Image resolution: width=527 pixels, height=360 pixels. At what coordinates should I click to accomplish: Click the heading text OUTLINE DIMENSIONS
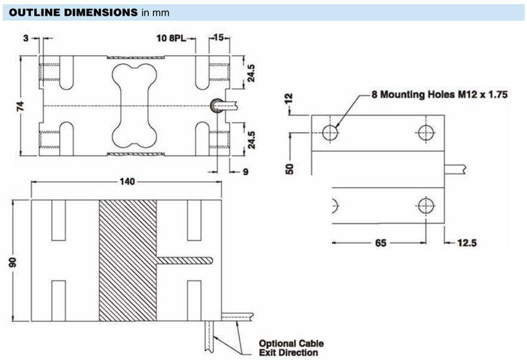(x=73, y=13)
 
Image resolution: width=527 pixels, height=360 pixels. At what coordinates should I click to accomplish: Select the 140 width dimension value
(x=127, y=182)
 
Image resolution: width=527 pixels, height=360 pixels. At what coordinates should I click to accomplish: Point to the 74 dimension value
(x=20, y=106)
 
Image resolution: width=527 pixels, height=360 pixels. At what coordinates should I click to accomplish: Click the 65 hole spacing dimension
(x=380, y=243)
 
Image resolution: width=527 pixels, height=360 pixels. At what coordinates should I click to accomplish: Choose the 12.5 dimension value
(x=467, y=243)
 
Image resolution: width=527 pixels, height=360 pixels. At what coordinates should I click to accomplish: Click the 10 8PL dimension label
(x=171, y=38)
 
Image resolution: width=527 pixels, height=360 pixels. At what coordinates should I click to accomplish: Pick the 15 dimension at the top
(x=219, y=37)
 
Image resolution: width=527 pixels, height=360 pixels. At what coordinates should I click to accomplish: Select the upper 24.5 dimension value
(x=251, y=73)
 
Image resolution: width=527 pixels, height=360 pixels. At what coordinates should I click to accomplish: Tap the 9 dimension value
(x=246, y=172)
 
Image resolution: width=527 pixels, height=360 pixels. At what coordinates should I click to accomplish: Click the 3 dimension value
(x=26, y=38)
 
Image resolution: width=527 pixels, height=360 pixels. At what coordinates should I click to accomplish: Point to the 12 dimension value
(x=289, y=99)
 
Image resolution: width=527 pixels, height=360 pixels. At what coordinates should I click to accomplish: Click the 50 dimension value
(x=290, y=169)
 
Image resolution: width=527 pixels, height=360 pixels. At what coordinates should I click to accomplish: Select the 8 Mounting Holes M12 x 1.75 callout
(x=439, y=94)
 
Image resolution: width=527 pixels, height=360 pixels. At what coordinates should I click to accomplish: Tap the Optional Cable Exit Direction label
(x=291, y=348)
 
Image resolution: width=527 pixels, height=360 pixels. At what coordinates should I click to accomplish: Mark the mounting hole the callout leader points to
(x=330, y=132)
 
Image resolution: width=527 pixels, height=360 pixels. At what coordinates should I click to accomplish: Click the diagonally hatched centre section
(x=128, y=261)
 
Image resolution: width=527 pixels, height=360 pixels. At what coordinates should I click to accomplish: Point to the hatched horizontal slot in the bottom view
(x=184, y=261)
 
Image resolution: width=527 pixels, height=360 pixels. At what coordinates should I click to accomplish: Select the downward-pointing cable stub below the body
(x=209, y=337)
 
